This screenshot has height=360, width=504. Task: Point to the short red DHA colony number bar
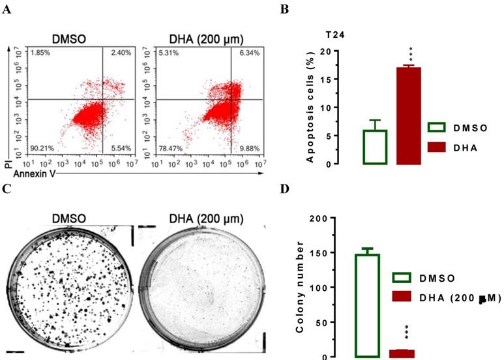[x=402, y=353]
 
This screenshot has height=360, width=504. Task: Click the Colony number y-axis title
[x=301, y=287]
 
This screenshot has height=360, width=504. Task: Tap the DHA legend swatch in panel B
[x=439, y=148]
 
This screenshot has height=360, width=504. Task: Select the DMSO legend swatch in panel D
[x=404, y=278]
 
